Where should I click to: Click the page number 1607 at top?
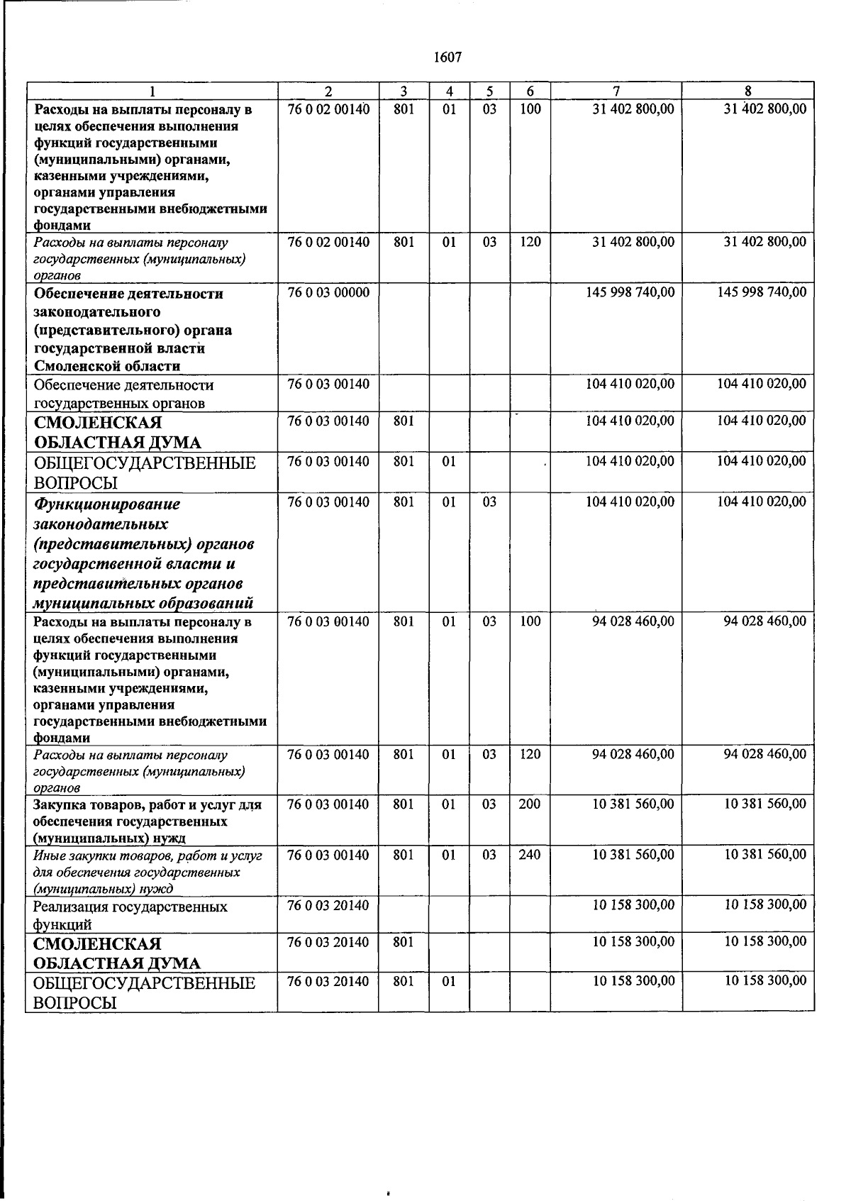(447, 57)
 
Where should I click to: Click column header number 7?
(616, 92)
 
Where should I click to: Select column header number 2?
(328, 92)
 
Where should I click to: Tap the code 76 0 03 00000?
(328, 293)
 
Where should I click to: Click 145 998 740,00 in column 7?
(630, 293)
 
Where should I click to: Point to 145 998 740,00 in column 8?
(762, 293)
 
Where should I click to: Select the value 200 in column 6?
(529, 804)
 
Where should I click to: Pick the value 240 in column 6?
(529, 855)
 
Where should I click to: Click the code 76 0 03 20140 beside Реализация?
(328, 906)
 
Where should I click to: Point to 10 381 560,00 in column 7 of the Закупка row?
(633, 804)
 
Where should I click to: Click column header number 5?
(489, 92)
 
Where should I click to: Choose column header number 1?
(152, 92)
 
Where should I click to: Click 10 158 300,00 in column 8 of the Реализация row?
(764, 905)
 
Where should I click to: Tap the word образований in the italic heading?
(207, 604)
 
